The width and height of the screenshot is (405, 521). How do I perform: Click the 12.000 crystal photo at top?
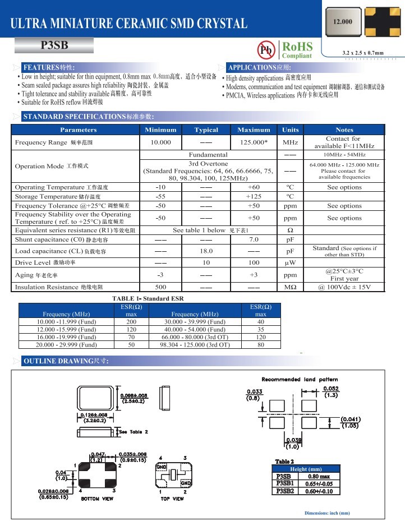[x=343, y=22]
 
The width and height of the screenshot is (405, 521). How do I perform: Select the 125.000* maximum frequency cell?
[x=254, y=142]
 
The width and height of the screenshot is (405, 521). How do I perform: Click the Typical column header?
[x=206, y=130]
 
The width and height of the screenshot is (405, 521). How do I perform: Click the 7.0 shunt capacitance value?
[x=254, y=240]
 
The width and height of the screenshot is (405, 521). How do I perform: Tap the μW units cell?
[x=290, y=262]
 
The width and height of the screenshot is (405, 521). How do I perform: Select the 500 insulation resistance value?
[x=160, y=287]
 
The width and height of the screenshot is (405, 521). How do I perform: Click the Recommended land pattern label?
[x=300, y=380]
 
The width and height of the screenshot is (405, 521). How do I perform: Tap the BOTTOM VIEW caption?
[x=99, y=497]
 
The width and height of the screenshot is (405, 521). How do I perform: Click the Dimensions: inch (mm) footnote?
[x=326, y=513]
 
